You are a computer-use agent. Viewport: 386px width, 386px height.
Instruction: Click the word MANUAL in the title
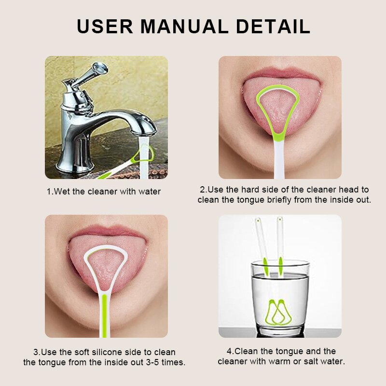pyautogui.click(x=191, y=27)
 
